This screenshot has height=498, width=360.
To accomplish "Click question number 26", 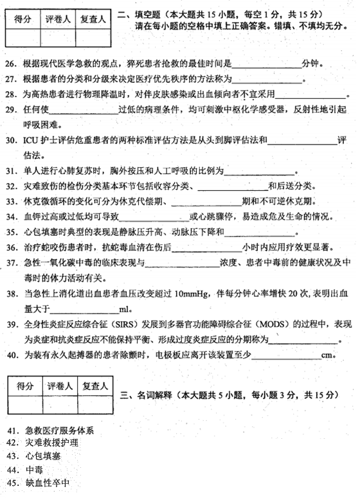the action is pos(12,64).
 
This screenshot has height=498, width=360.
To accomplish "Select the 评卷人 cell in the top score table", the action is pos(59,20).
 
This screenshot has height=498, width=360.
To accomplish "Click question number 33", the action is pos(12,200).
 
